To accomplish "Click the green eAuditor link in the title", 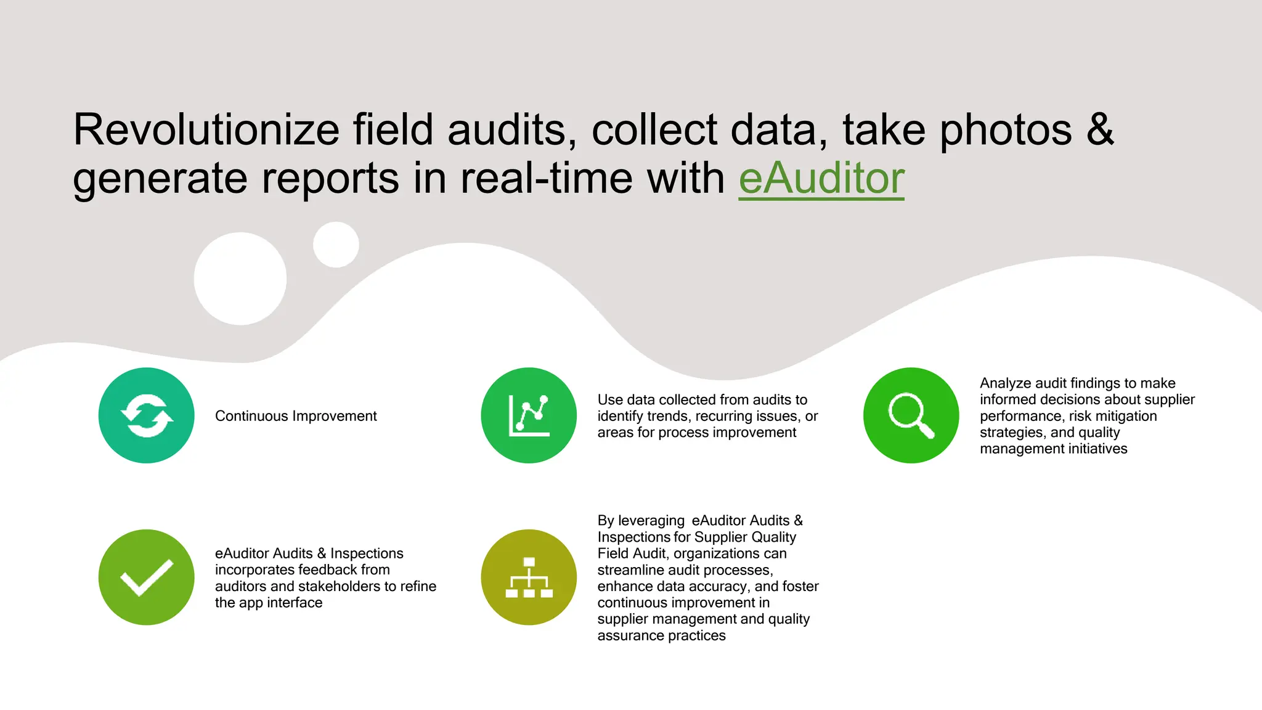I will coord(821,179).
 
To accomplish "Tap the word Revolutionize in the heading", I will coord(206,130).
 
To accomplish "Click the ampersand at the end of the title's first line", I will coord(1100,130).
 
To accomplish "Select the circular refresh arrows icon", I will coord(147,415).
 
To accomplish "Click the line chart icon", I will coord(529,415).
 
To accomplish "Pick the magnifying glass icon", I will coord(911,415).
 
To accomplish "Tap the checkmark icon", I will coord(147,577).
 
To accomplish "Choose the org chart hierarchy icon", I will coord(529,577).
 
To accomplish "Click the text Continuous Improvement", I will coord(296,416).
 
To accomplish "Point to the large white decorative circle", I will coord(240,279).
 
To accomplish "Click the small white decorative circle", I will coord(336,245).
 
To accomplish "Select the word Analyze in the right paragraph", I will coord(1006,383).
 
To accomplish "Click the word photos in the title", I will coord(1006,130).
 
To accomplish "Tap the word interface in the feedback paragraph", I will coord(295,603).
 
